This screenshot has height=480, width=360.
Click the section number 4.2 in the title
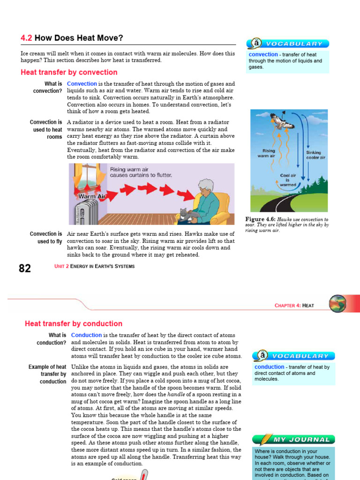[27, 38]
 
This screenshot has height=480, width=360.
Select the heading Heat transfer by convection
[69, 72]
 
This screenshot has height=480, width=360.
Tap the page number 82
[25, 268]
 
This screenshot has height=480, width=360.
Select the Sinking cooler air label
[315, 155]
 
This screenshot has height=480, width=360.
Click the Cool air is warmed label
[288, 180]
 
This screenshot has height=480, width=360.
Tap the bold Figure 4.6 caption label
[260, 219]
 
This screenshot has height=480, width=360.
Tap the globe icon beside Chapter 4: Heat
[337, 304]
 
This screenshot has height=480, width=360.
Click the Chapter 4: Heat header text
[294, 306]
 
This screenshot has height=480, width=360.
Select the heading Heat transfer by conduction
[73, 323]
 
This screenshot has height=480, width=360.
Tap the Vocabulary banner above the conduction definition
[293, 356]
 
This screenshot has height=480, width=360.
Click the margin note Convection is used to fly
[46, 238]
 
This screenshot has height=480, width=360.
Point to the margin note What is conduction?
[51, 339]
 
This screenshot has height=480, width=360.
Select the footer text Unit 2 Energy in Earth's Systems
[94, 266]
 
